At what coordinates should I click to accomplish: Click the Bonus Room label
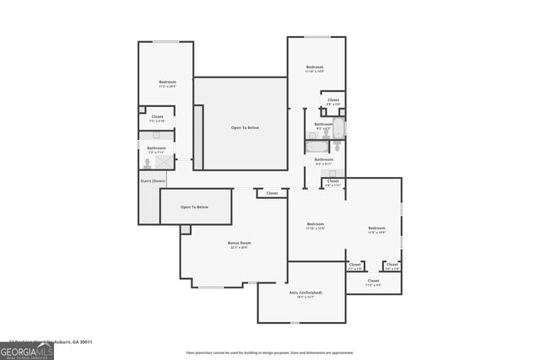pyautogui.click(x=240, y=243)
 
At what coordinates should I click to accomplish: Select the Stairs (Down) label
pyautogui.click(x=153, y=180)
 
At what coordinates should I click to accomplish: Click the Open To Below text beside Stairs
pyautogui.click(x=194, y=207)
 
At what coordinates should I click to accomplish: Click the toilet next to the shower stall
pyautogui.click(x=147, y=164)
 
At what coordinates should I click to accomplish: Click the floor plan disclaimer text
pyautogui.click(x=269, y=352)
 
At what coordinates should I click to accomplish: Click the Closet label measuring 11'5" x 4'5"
pyautogui.click(x=373, y=281)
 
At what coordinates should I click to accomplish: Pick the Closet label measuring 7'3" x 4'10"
pyautogui.click(x=157, y=116)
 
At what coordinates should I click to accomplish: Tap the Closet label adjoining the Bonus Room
pyautogui.click(x=272, y=193)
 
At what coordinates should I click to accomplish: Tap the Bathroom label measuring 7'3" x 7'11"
pyautogui.click(x=157, y=148)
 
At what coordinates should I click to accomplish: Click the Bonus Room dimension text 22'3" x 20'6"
pyautogui.click(x=240, y=248)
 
